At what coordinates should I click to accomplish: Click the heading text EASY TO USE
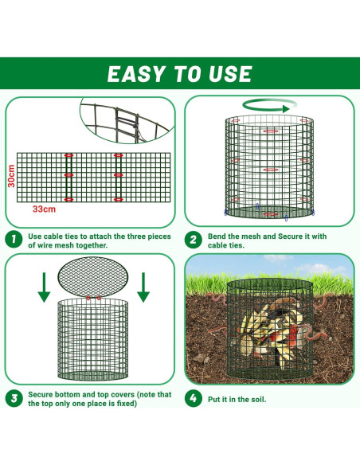pos(180,73)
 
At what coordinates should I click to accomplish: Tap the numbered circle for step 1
pos(14,239)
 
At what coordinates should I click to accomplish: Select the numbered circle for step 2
pos(193,240)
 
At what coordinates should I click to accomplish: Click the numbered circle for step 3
pos(14,398)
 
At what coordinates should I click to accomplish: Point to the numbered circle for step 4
pos(193,398)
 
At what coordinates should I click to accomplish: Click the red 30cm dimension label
pos(11,176)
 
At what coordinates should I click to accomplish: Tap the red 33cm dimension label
pos(44,209)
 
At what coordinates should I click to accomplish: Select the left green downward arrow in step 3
pos(44,287)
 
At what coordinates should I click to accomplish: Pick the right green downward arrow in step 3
pos(143,287)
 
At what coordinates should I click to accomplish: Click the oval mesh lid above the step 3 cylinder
pos(93,277)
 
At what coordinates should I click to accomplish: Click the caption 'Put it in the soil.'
pos(237,399)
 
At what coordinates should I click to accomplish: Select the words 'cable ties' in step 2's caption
pos(225,245)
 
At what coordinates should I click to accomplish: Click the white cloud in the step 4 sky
pos(317,268)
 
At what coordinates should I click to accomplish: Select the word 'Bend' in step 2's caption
pos(217,236)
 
